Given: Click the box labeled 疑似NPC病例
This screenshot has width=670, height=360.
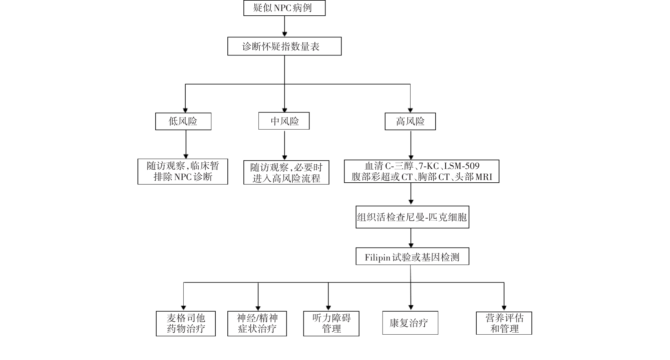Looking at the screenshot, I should click(x=284, y=8).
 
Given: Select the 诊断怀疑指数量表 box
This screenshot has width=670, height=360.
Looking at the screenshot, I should click(x=284, y=46).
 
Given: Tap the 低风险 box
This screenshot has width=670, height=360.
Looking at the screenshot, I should click(x=183, y=121).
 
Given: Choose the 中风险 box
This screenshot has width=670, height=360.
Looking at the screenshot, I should click(x=284, y=121).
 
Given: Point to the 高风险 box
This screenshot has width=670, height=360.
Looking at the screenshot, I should click(x=410, y=121).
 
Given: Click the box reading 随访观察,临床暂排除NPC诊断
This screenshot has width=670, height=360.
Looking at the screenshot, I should click(x=183, y=171).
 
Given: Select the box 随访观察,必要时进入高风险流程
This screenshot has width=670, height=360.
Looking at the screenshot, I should click(x=286, y=172).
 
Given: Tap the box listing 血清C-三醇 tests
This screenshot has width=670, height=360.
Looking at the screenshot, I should click(x=421, y=171).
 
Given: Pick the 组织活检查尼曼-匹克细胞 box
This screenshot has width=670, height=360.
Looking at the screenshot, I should click(x=412, y=217).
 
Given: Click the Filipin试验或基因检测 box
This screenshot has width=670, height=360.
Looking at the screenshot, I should click(x=412, y=256).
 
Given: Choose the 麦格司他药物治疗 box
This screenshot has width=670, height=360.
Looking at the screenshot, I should click(x=186, y=323).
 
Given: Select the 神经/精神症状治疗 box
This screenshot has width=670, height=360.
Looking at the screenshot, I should click(x=257, y=323).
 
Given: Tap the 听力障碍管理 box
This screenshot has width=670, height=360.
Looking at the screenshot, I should click(x=331, y=323).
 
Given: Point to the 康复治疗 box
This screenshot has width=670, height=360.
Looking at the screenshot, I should click(x=410, y=323).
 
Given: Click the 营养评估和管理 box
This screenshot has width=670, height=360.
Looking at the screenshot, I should click(x=504, y=323).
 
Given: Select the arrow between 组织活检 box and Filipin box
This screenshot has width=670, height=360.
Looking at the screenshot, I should click(x=411, y=238).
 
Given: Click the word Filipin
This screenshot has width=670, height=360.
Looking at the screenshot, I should click(x=377, y=257).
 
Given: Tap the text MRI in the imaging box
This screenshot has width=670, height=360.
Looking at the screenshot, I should click(x=483, y=177).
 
